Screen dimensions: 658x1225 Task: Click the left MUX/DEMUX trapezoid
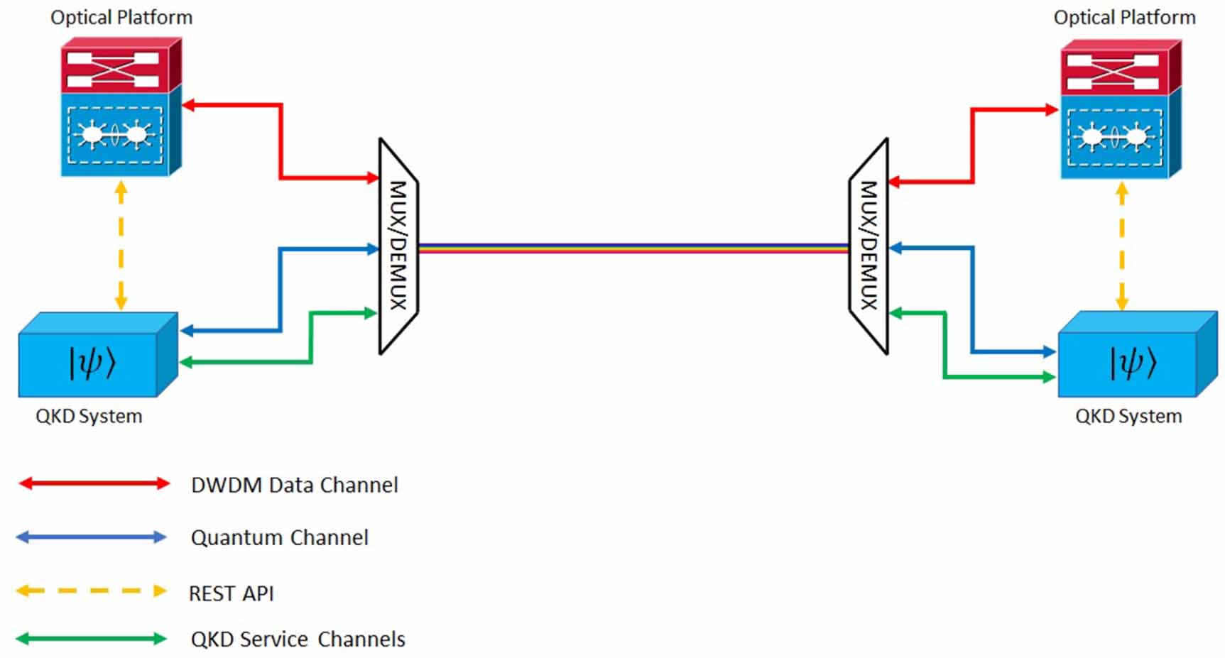pyautogui.click(x=398, y=246)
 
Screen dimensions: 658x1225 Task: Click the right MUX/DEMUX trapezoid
pyautogui.click(x=869, y=246)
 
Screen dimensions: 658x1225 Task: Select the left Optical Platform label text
pyautogui.click(x=121, y=18)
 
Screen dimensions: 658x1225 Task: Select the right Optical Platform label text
pyautogui.click(x=1124, y=18)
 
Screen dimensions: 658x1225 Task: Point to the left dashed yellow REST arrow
pyautogui.click(x=121, y=245)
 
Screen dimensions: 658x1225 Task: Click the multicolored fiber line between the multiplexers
pyautogui.click(x=633, y=248)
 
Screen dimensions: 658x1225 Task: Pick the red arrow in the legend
pyautogui.click(x=94, y=484)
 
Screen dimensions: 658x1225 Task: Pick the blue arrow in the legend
pyautogui.click(x=92, y=537)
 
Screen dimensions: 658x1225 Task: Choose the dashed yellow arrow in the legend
pyautogui.click(x=92, y=591)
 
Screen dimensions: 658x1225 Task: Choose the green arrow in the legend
pyautogui.click(x=92, y=639)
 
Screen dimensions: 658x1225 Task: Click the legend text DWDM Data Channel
pyautogui.click(x=294, y=486)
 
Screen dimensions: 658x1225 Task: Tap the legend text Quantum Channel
pyautogui.click(x=279, y=538)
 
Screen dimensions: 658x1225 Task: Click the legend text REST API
pyautogui.click(x=231, y=593)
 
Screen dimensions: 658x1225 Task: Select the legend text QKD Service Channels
pyautogui.click(x=298, y=640)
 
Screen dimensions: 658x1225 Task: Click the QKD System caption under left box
pyautogui.click(x=89, y=416)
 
